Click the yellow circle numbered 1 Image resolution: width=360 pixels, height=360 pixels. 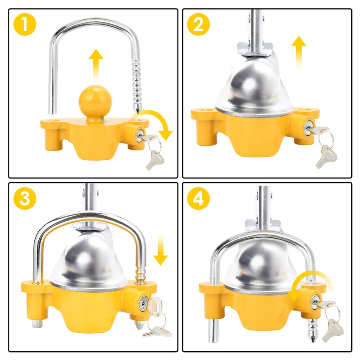click(x=25, y=24)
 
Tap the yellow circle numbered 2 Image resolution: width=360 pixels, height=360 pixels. click(x=199, y=24)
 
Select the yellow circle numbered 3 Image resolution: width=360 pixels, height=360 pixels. click(x=25, y=198)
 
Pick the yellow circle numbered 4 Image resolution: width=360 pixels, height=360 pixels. click(x=199, y=198)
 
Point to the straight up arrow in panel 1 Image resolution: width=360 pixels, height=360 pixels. click(x=96, y=65)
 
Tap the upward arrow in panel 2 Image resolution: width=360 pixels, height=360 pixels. click(x=298, y=52)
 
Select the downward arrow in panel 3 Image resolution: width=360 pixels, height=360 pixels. click(x=161, y=249)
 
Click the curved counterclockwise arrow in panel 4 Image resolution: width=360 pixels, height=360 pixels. click(x=310, y=279)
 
